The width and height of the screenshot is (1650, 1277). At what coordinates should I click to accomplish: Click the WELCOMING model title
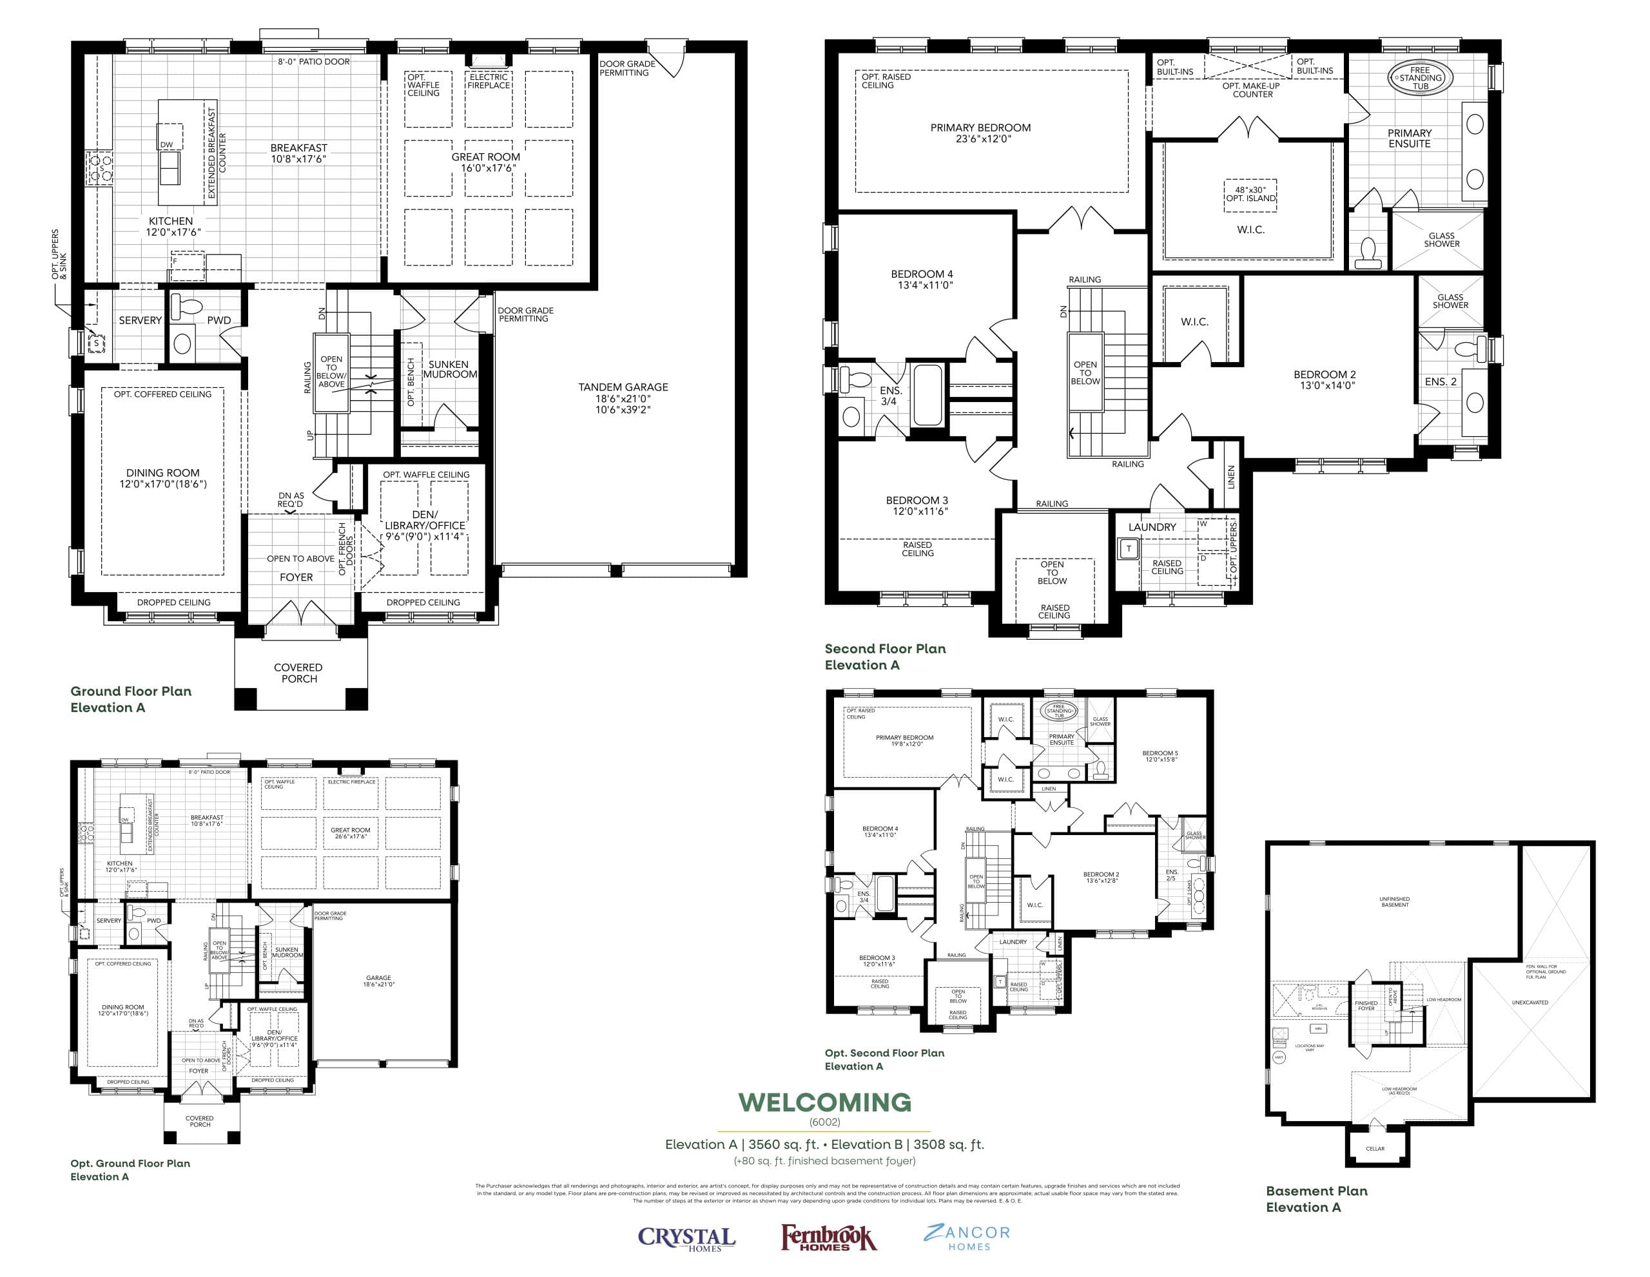tap(824, 1102)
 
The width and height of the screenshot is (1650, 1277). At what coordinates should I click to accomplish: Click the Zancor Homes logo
tap(966, 1237)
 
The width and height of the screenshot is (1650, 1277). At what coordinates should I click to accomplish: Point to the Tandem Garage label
tap(623, 398)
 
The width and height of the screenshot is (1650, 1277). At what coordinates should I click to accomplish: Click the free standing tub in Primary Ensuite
tap(1421, 78)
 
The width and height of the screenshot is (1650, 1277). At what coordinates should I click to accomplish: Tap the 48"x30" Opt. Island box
tap(1250, 194)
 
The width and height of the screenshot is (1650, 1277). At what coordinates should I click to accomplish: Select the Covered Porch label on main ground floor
tap(298, 673)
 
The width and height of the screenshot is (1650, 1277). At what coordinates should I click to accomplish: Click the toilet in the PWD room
tap(188, 307)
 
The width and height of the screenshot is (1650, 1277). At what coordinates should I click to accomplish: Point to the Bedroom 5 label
tap(1160, 756)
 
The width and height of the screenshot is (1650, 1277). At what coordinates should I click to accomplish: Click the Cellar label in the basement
tap(1375, 1149)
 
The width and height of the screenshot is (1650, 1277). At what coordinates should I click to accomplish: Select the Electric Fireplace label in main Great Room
tap(489, 81)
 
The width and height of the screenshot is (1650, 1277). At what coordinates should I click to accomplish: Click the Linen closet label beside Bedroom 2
tap(1230, 477)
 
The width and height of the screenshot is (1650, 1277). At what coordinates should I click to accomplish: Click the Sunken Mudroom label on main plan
tap(449, 369)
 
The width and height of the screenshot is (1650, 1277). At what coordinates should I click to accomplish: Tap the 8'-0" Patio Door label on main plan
tap(313, 61)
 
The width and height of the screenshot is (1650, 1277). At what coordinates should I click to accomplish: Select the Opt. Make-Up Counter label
tap(1252, 90)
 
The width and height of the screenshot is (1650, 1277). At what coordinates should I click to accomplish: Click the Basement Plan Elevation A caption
tap(1316, 1198)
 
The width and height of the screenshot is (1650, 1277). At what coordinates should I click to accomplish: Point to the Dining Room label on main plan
tap(162, 478)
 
